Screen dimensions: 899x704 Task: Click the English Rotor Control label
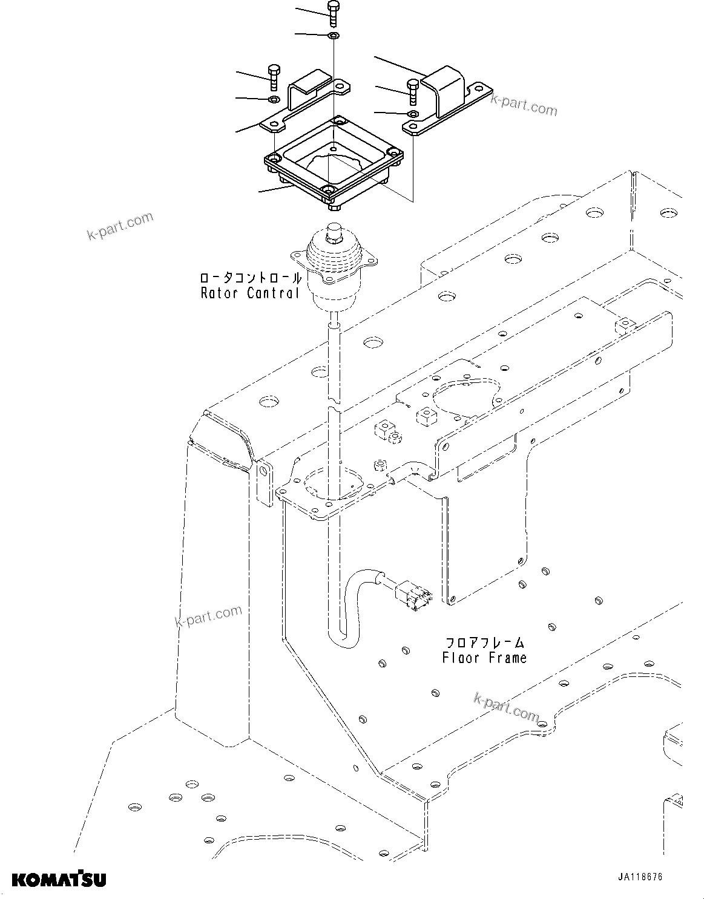tap(250, 293)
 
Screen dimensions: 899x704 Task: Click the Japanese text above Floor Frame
tap(485, 642)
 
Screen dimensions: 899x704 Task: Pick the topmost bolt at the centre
tap(334, 12)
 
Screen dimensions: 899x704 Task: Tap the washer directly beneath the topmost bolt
tap(334, 36)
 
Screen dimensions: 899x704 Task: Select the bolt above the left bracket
tap(272, 76)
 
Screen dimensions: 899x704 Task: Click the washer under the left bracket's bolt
tap(274, 99)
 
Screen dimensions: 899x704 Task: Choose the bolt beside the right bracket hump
tap(413, 90)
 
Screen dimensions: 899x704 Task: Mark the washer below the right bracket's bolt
tap(413, 114)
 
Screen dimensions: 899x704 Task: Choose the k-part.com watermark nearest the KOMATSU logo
tap(208, 616)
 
